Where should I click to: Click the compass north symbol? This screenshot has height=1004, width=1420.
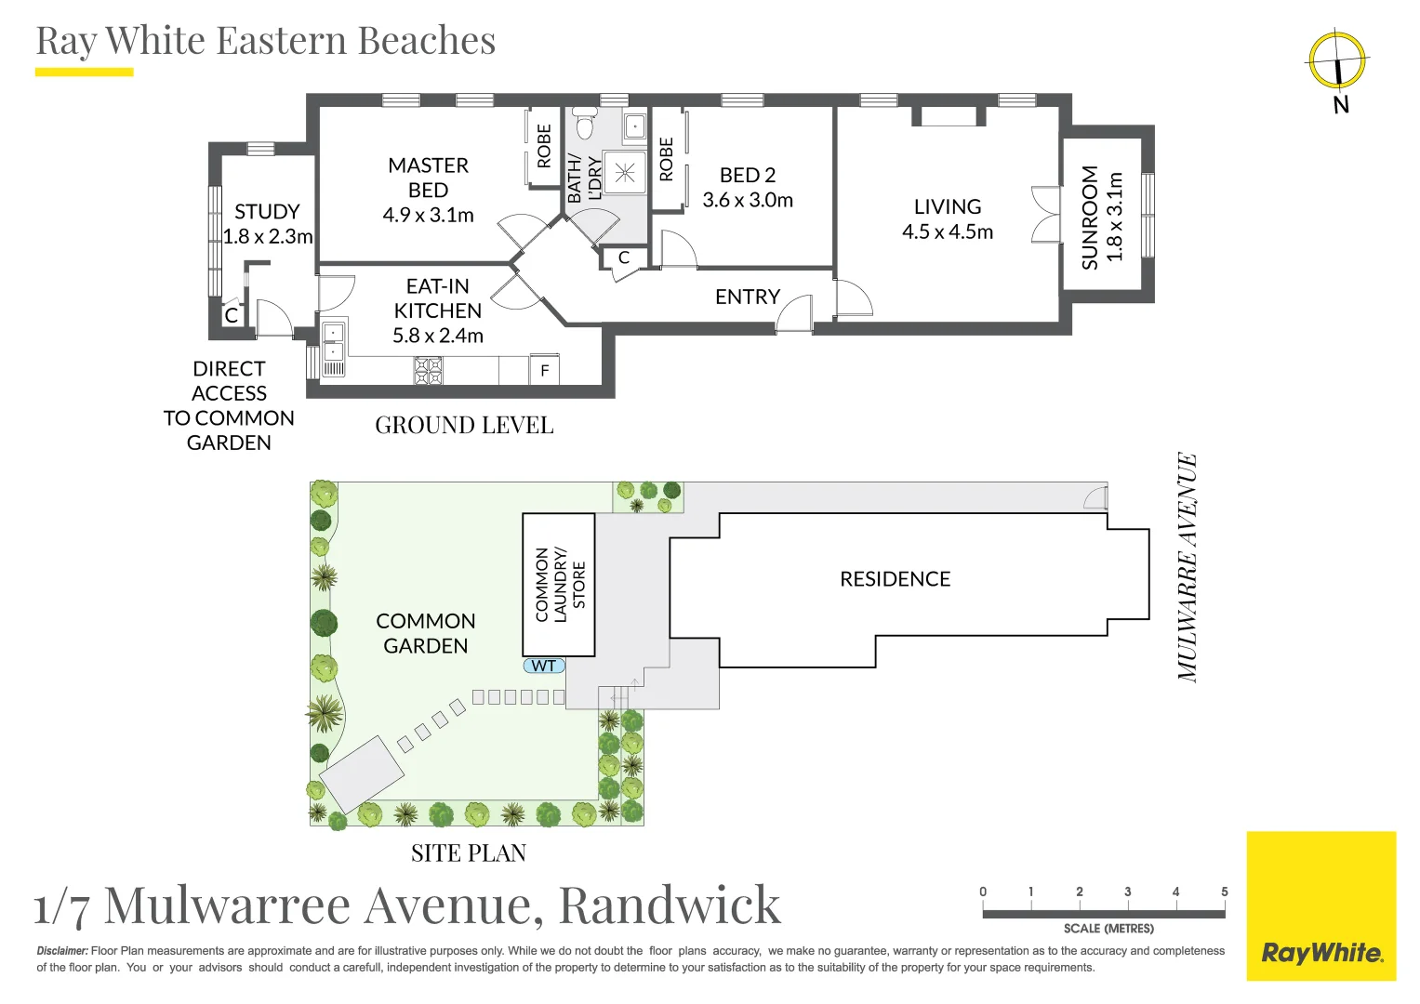tap(1337, 61)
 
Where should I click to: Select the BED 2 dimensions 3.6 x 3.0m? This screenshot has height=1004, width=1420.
tap(748, 201)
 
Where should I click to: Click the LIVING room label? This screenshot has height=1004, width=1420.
tap(947, 207)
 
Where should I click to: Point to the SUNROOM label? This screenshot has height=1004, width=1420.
tap(1090, 218)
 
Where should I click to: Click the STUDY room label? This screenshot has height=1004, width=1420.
tap(267, 212)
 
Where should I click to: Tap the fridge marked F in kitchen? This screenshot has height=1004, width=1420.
tap(544, 370)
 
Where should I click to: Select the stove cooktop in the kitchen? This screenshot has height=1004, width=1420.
tap(428, 371)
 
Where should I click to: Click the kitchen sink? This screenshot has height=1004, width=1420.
tap(333, 341)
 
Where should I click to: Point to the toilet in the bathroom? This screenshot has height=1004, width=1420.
tap(585, 123)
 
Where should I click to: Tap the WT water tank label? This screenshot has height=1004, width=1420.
tap(544, 666)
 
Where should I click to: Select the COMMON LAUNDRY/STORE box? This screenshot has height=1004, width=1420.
tap(559, 585)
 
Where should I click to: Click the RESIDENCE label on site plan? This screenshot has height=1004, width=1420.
tap(895, 579)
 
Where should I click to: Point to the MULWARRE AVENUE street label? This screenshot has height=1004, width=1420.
tap(1188, 567)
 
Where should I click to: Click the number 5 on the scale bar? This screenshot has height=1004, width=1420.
tap(1224, 892)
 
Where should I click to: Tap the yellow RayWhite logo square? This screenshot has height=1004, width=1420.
tap(1320, 906)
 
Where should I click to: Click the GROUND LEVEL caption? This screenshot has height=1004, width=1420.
tap(464, 426)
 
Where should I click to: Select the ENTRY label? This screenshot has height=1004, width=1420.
tap(747, 297)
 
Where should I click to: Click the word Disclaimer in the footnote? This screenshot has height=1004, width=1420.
tap(62, 951)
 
